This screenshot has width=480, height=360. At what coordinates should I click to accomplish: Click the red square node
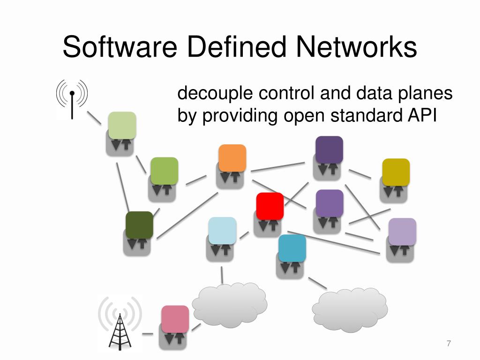(x=270, y=206)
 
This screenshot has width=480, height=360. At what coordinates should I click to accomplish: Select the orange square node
(x=232, y=158)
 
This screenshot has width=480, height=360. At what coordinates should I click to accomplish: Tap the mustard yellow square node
(x=396, y=172)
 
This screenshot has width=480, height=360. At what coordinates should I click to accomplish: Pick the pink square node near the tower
(x=175, y=319)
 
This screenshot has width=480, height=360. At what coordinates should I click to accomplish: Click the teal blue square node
(x=292, y=248)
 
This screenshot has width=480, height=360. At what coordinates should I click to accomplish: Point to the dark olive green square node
(x=139, y=225)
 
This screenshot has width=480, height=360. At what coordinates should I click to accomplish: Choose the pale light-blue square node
(x=222, y=230)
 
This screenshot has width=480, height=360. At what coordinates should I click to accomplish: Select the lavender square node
(x=402, y=232)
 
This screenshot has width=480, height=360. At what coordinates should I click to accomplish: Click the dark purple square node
(x=329, y=149)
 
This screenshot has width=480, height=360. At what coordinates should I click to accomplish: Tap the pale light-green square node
(x=122, y=125)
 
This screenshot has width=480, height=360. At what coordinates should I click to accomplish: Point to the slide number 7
(x=449, y=344)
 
